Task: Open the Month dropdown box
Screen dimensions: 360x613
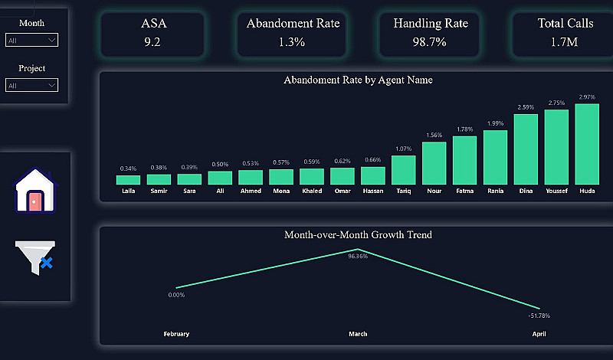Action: [31, 40]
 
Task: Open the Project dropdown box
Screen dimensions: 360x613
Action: [31, 85]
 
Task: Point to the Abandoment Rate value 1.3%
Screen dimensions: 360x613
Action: [293, 42]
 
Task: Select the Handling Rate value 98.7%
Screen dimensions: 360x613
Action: [430, 42]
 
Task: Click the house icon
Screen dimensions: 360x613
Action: [35, 191]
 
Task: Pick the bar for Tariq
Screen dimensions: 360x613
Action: [404, 170]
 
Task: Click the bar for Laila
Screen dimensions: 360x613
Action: [128, 180]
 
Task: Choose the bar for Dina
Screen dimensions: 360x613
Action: [526, 149]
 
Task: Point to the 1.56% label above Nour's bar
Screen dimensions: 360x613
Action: [434, 135]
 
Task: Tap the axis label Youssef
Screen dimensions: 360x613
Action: [556, 191]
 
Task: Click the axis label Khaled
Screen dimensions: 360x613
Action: [312, 191]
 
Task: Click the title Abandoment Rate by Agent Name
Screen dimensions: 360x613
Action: [358, 80]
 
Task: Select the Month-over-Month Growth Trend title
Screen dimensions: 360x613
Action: [358, 234]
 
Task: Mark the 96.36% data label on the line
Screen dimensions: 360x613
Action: [358, 257]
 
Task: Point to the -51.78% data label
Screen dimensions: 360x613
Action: [539, 316]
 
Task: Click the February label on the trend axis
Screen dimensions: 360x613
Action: [176, 334]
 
